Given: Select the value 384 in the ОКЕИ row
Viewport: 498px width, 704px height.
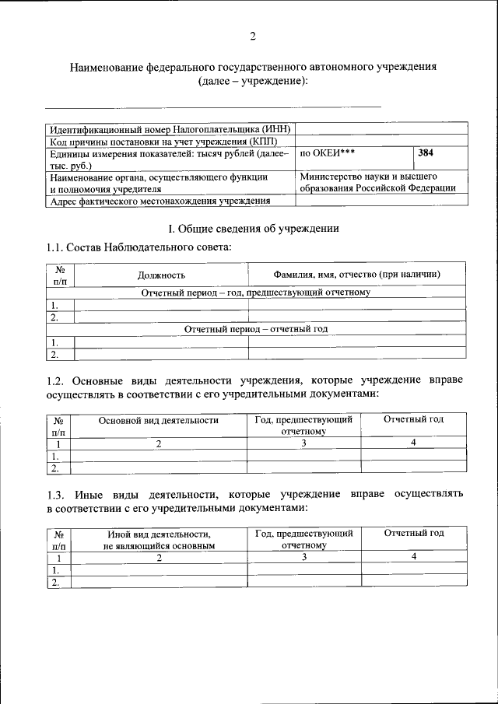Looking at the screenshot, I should point(426,153).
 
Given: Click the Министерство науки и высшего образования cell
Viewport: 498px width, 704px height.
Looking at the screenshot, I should point(378,182).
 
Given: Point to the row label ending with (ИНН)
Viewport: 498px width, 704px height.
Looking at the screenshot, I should point(169,128).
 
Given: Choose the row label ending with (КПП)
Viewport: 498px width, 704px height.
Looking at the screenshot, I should point(169,141).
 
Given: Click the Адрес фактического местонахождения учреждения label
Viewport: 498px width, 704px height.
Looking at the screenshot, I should point(160,201).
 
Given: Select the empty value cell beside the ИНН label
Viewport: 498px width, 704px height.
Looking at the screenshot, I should point(381,128).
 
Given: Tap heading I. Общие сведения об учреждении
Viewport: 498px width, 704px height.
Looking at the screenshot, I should point(254,229).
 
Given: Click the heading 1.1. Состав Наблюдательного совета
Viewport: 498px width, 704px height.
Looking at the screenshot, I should point(139,247).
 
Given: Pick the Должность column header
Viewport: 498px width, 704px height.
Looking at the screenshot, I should point(161,275).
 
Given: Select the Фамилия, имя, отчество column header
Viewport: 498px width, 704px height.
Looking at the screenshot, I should point(357,275).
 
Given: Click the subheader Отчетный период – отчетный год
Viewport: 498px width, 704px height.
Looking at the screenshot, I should point(256,329).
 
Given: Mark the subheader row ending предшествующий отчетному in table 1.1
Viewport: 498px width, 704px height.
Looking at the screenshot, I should point(256,292).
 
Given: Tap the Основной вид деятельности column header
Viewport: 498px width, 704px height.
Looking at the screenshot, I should point(159,420).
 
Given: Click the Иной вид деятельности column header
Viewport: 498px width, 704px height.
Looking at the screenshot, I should point(159,539).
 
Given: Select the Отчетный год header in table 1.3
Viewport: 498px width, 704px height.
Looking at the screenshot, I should point(414,533).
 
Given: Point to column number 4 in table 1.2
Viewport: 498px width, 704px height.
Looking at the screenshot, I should point(414,443).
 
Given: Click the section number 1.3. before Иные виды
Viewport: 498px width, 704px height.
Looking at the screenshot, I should point(58,494).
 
